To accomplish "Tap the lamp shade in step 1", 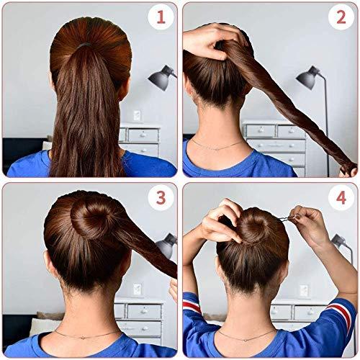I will pos(161,75).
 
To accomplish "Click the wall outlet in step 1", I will pos(137,115).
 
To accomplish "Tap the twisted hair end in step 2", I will pos(348,171).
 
